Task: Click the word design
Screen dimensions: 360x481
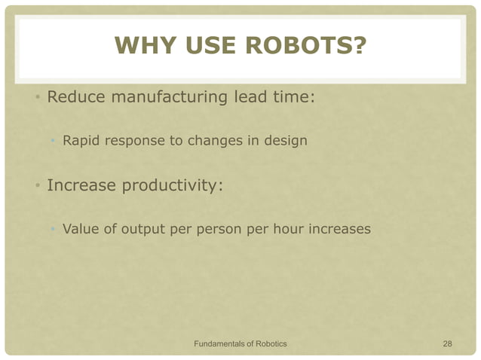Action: (286, 140)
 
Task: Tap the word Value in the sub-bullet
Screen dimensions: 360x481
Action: (80, 229)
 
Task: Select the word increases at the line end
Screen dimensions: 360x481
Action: (340, 229)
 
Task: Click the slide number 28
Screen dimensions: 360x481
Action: (447, 343)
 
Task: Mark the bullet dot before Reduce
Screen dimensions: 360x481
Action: (36, 99)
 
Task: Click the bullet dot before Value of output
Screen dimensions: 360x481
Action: (52, 230)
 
